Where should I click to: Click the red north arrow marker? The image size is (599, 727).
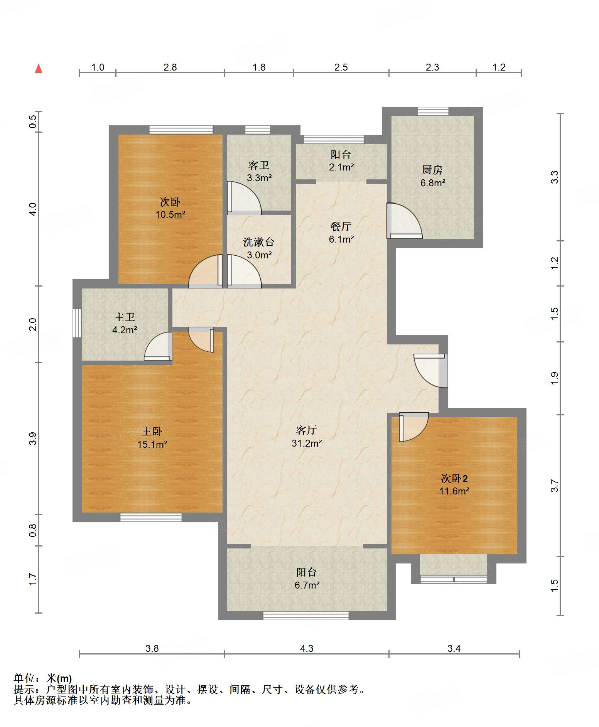pyautogui.click(x=39, y=69)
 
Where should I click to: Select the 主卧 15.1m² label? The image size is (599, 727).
pyautogui.click(x=152, y=438)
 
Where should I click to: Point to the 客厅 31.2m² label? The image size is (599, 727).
pyautogui.click(x=307, y=437)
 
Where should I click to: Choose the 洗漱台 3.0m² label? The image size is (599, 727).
pyautogui.click(x=259, y=248)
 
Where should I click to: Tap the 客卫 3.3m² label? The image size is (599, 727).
pyautogui.click(x=259, y=171)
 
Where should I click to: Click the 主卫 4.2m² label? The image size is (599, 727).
pyautogui.click(x=125, y=323)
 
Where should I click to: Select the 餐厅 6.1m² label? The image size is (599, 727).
pyautogui.click(x=341, y=233)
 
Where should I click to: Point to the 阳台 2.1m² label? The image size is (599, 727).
pyautogui.click(x=341, y=160)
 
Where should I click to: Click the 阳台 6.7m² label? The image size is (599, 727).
pyautogui.click(x=307, y=579)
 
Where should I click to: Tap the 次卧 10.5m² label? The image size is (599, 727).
pyautogui.click(x=170, y=208)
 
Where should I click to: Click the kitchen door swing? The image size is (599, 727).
pyautogui.click(x=405, y=221)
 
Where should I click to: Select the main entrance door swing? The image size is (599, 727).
pyautogui.click(x=431, y=371)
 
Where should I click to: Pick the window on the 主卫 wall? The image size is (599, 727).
pyautogui.click(x=77, y=323)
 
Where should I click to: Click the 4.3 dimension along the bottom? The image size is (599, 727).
pyautogui.click(x=307, y=648)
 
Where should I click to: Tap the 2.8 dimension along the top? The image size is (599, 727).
pyautogui.click(x=170, y=67)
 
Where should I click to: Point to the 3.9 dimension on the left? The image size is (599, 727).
pyautogui.click(x=33, y=439)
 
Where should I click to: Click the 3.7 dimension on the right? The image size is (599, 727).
pyautogui.click(x=554, y=486)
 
